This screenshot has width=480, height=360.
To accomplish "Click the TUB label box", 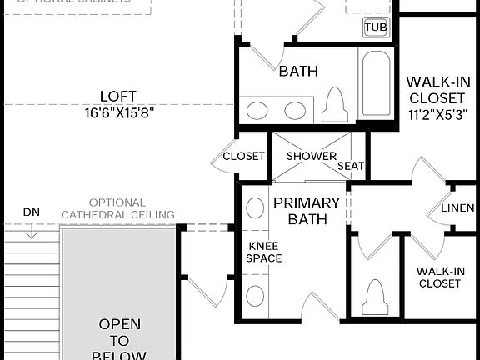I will point(376,27).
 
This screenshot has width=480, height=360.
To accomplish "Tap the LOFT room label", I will point(117,97).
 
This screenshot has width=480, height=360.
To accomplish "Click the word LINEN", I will point(457,208).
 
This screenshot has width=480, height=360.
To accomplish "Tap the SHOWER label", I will point(312,156).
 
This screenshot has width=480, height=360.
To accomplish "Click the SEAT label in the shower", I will point(351,166).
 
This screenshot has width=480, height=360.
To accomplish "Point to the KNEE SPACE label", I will point(264,252).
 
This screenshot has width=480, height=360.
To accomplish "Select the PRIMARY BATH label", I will point(307,211).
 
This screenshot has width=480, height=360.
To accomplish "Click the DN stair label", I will point(31,212).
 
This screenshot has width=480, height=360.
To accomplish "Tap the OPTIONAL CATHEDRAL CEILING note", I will point(117,208).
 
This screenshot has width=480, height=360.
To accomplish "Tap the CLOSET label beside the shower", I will point(243,156).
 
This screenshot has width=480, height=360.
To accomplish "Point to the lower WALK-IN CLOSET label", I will point(439,277).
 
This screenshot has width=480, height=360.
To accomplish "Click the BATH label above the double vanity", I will point(298,72).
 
